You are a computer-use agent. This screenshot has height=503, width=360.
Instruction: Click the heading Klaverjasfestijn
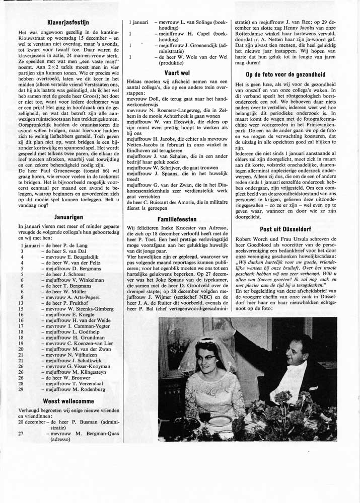coord(68,22)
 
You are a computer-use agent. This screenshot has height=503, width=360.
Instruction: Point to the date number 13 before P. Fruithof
coord(22,303)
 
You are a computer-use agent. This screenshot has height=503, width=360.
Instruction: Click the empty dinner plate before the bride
coord(220,421)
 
